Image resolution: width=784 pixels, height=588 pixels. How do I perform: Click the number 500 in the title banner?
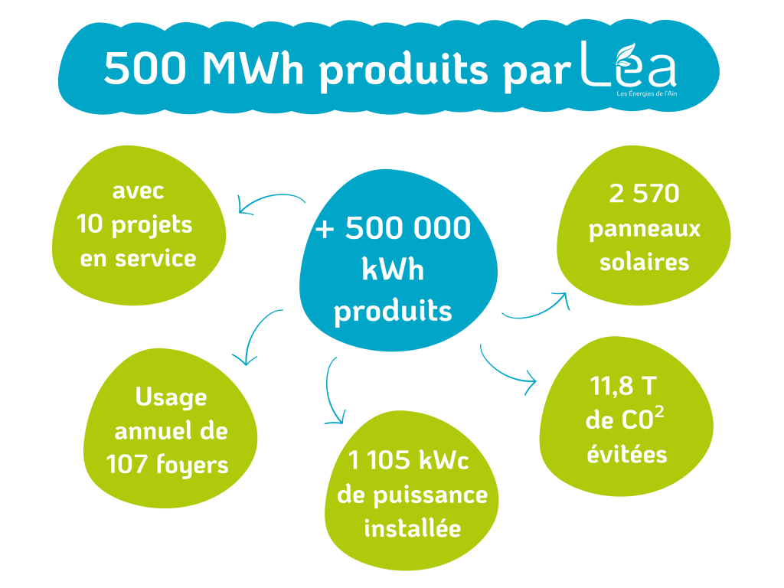145,68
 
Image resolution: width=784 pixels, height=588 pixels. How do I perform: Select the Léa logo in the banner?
629,65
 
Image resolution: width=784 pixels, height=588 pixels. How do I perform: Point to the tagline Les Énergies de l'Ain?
646,93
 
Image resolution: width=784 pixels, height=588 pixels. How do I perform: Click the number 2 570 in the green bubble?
644,194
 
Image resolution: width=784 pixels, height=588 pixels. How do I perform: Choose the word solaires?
644,262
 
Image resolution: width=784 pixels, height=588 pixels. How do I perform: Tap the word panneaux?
645,230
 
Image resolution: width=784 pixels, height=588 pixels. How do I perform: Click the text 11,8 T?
623,386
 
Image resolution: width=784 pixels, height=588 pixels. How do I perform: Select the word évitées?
627,454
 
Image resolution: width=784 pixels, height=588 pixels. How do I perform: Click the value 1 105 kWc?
408,460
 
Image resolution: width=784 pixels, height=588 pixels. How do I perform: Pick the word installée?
413,528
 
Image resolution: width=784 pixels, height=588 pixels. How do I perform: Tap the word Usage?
171,398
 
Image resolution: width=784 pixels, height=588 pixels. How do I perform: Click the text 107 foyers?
167,465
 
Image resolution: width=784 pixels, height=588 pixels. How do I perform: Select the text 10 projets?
134,225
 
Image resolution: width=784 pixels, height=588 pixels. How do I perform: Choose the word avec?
138,191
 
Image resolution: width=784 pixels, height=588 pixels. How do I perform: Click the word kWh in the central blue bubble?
393,269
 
